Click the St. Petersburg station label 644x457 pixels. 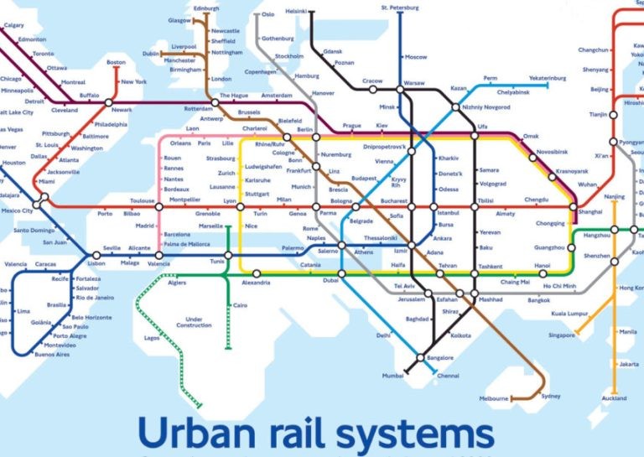tap(399, 8)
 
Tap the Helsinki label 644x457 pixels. tap(296, 12)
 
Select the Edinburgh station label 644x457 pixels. tap(205, 8)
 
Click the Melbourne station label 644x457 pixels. tap(493, 398)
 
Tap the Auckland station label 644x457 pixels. tap(614, 398)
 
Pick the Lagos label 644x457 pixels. tap(151, 338)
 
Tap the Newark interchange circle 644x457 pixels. tap(108, 102)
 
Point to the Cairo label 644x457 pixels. tap(241, 305)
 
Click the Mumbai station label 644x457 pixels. tap(393, 376)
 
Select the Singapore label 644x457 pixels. tap(562, 335)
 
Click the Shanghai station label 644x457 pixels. tap(590, 212)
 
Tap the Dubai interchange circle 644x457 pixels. tap(341, 273)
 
